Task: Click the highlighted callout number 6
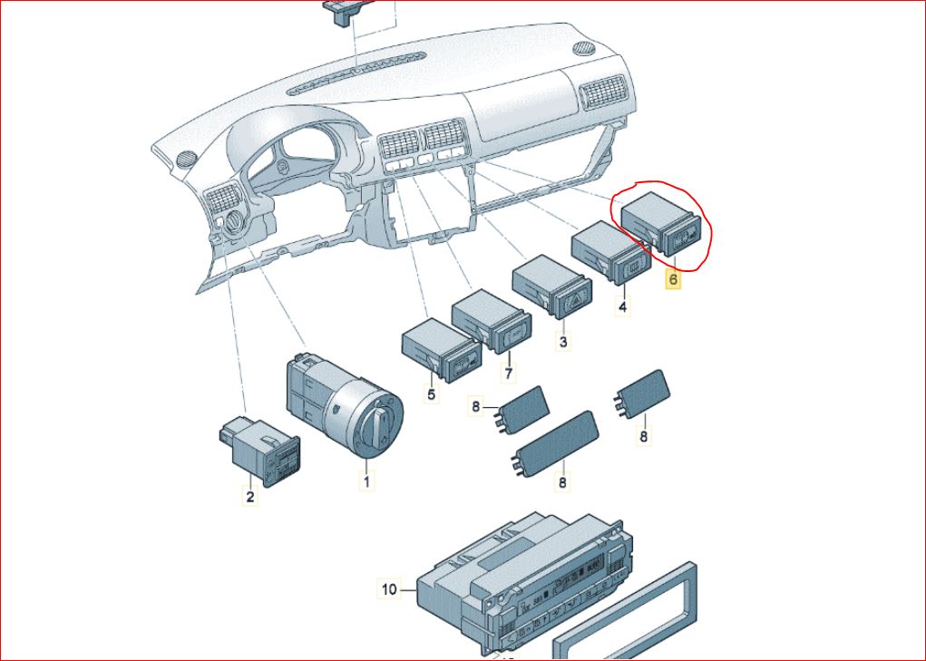click(673, 280)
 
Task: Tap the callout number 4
click(622, 307)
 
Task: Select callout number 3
click(563, 342)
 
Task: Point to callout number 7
click(509, 373)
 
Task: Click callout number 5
click(431, 394)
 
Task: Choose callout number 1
click(367, 481)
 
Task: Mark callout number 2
click(249, 496)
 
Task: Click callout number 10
click(389, 590)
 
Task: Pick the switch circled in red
click(664, 228)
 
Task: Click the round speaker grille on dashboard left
click(187, 158)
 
